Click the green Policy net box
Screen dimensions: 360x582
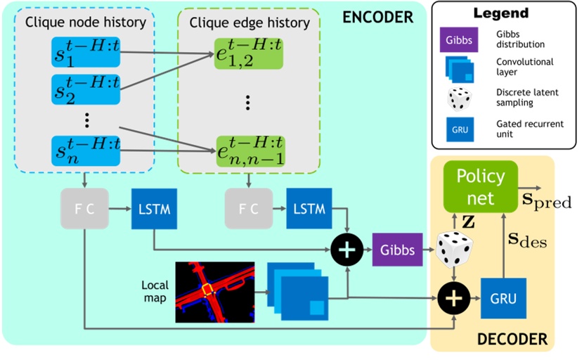pyautogui.click(x=481, y=186)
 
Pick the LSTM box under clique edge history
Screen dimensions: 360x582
pyautogui.click(x=307, y=210)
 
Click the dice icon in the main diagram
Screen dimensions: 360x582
pyautogui.click(x=453, y=250)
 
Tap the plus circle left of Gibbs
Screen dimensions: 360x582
pyautogui.click(x=348, y=249)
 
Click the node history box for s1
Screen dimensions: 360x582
pyautogui.click(x=85, y=52)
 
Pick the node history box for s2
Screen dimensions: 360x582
pyautogui.click(x=85, y=87)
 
